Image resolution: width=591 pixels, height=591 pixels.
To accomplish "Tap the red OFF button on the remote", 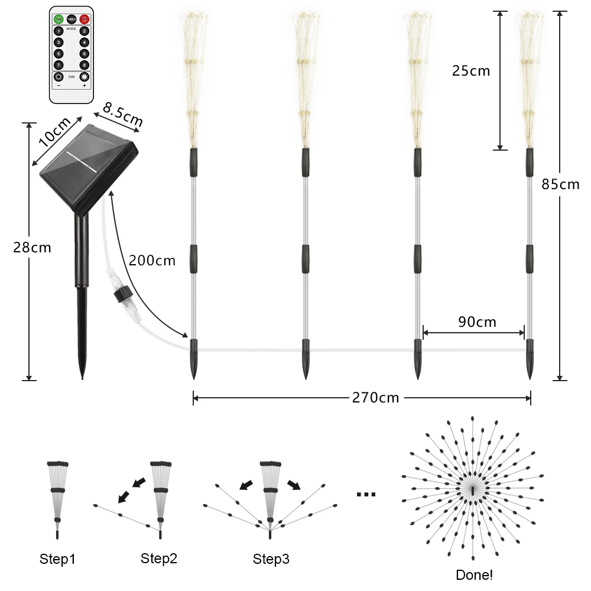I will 85,20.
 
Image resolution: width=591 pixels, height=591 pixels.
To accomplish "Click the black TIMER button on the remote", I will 72,20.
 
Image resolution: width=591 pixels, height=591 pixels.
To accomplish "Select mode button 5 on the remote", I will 59,53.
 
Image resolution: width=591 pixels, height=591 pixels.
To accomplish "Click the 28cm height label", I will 32,248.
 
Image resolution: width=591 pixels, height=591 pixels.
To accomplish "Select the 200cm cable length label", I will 152,260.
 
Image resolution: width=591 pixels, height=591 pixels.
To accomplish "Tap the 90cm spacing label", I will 477,322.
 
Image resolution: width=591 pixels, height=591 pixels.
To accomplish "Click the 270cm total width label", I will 376,398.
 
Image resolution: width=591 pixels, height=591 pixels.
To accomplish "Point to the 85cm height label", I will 560,184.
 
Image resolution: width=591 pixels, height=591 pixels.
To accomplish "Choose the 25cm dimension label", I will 471,71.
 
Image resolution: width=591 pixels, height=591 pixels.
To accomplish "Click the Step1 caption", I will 57,559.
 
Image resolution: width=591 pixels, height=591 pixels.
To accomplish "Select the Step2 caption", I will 159,558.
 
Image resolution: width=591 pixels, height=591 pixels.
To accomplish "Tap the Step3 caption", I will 271,559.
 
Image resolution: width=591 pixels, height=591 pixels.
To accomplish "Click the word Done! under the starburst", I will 474,574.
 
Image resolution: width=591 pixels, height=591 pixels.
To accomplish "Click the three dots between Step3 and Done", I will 366,494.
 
